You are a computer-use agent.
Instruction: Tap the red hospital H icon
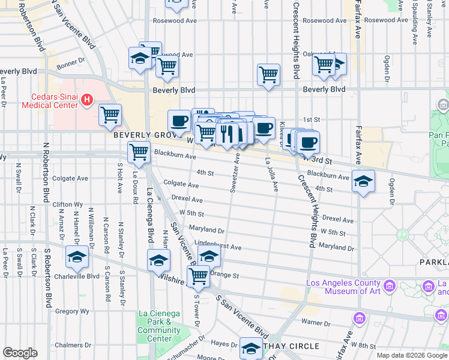point(87,99)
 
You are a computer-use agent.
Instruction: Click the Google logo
point(20,353)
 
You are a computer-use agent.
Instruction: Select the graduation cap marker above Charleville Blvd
point(77,256)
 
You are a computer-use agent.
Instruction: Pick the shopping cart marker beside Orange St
point(198,277)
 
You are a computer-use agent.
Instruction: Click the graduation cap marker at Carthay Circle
point(251,348)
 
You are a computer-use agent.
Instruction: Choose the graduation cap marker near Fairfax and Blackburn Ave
point(363,181)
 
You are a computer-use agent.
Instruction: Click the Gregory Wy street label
point(72,311)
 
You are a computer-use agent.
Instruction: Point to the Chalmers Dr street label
point(68,345)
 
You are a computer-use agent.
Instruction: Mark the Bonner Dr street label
point(70,63)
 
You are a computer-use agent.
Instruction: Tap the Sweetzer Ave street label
point(235,173)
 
